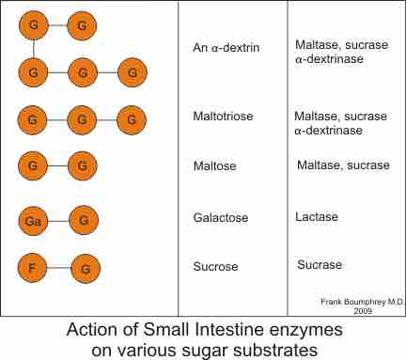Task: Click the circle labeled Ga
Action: point(34,221)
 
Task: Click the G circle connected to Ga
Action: point(83,221)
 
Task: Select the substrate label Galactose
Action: point(219,217)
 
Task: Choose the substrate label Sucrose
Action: point(214,265)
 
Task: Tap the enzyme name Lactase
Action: point(317,217)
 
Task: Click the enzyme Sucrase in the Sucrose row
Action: point(320,265)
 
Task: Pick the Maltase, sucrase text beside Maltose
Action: point(343,166)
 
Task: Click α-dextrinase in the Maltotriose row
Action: point(329,131)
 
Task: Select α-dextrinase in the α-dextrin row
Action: point(329,59)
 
